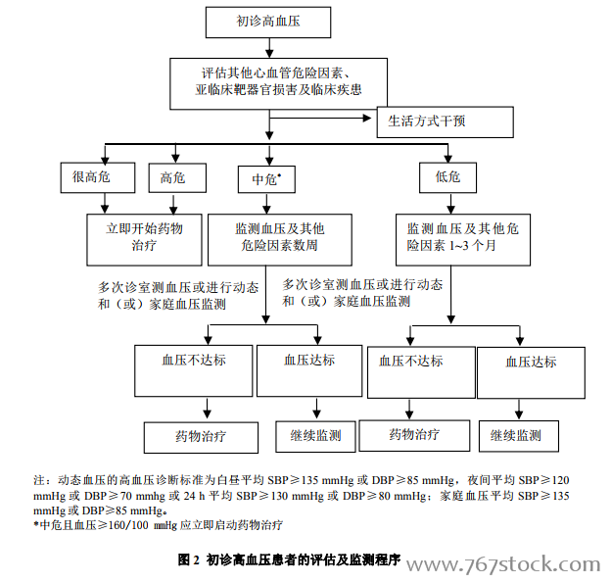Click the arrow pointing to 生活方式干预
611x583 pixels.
[320, 118]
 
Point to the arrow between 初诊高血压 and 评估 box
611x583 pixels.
[269, 48]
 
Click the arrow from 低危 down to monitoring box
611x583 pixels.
[450, 203]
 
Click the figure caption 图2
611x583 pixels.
[189, 559]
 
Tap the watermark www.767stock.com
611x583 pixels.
[503, 564]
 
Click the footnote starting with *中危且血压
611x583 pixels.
[158, 525]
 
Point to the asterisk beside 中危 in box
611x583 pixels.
[279, 174]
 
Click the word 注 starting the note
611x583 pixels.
[38, 480]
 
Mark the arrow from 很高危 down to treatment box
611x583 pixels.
[105, 203]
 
